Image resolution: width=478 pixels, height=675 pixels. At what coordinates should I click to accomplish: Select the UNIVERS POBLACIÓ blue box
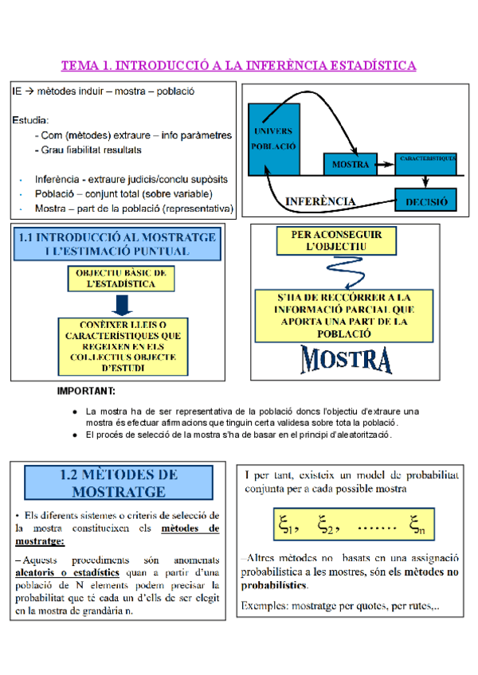[274, 140]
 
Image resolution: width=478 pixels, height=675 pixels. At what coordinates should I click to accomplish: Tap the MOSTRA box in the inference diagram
[351, 165]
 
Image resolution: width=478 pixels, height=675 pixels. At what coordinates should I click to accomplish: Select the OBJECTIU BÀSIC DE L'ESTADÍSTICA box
[120, 278]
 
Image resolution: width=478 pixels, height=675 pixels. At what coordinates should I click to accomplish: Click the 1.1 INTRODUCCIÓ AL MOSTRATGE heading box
[117, 244]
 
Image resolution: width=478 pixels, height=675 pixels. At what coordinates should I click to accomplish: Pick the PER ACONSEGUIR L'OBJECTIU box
[336, 241]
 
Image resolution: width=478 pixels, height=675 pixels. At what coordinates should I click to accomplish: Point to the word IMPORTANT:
[87, 391]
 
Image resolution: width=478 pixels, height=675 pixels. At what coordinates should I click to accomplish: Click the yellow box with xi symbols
[349, 524]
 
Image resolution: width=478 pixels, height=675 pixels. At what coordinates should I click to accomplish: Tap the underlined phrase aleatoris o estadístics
[68, 572]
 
